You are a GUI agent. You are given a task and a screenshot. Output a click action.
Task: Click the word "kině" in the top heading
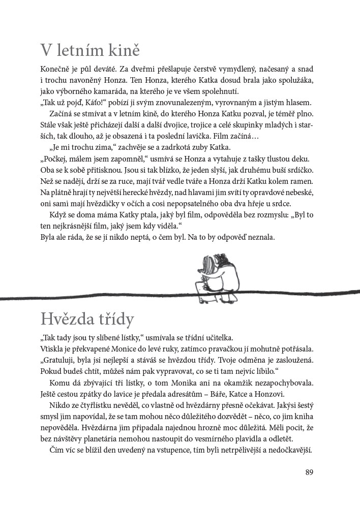pyautogui.click(x=119, y=51)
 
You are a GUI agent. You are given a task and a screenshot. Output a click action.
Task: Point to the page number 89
pyautogui.click(x=310, y=472)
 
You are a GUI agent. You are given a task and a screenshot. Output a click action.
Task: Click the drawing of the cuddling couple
pyautogui.click(x=215, y=271)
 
